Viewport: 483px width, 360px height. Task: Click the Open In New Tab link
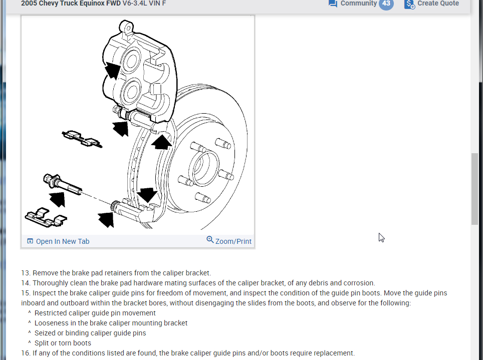click(x=62, y=241)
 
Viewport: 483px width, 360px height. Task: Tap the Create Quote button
click(x=437, y=4)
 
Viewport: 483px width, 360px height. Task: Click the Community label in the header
click(x=358, y=4)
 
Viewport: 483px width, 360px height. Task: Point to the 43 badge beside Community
click(x=386, y=4)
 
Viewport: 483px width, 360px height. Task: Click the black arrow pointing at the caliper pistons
click(x=113, y=70)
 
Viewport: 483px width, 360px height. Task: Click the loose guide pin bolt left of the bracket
click(x=63, y=183)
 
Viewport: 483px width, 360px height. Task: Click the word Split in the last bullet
click(x=42, y=343)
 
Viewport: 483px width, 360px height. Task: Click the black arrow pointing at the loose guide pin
click(x=58, y=199)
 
